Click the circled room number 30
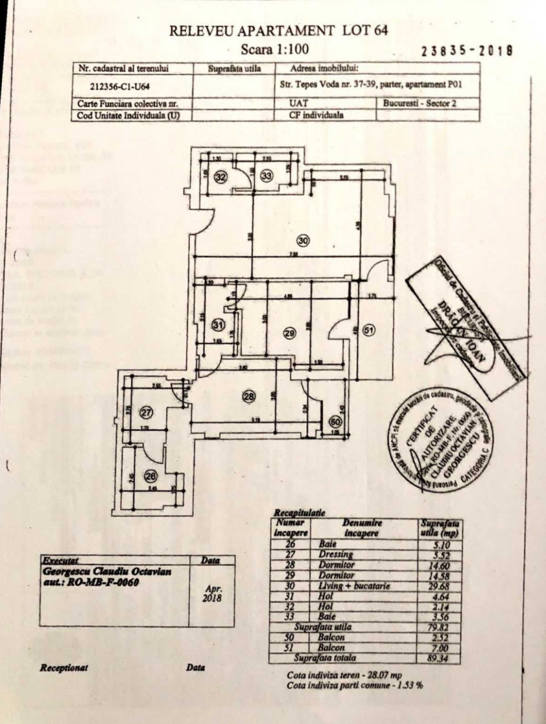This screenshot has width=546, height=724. pos(304,241)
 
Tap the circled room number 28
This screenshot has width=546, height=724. pos(249,396)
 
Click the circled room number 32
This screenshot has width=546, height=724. pos(221,176)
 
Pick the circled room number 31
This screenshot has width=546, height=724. pos(219,325)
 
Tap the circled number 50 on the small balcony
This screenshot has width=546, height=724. pos(334,421)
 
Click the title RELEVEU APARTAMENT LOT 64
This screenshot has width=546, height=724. pos(278,30)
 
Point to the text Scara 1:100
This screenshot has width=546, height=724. pos(275,48)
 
